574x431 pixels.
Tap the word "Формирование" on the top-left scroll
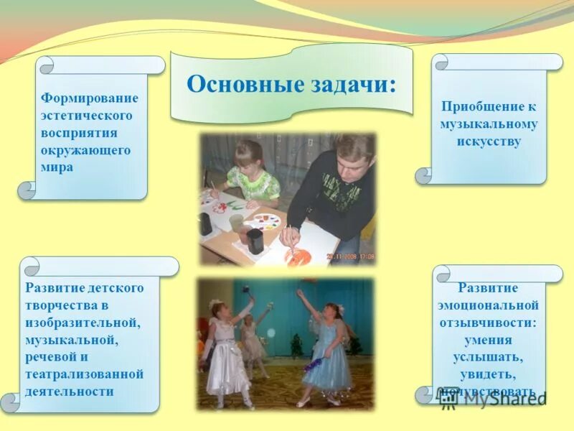90,98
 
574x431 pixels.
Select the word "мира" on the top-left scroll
57,167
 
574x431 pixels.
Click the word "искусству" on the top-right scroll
489,141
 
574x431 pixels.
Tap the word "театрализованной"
85,374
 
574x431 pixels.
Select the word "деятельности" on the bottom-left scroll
70,391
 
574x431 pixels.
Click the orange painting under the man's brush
301,255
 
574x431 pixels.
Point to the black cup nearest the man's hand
255,241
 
